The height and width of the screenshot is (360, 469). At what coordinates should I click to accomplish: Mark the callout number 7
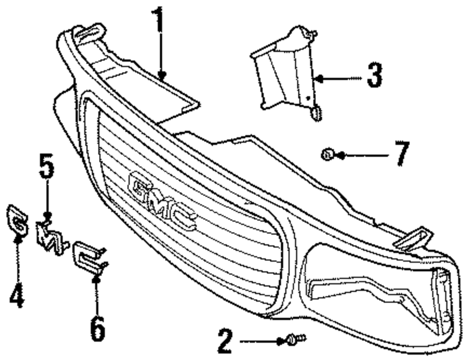[x=401, y=153]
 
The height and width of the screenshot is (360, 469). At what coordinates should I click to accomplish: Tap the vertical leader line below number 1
[x=160, y=52]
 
